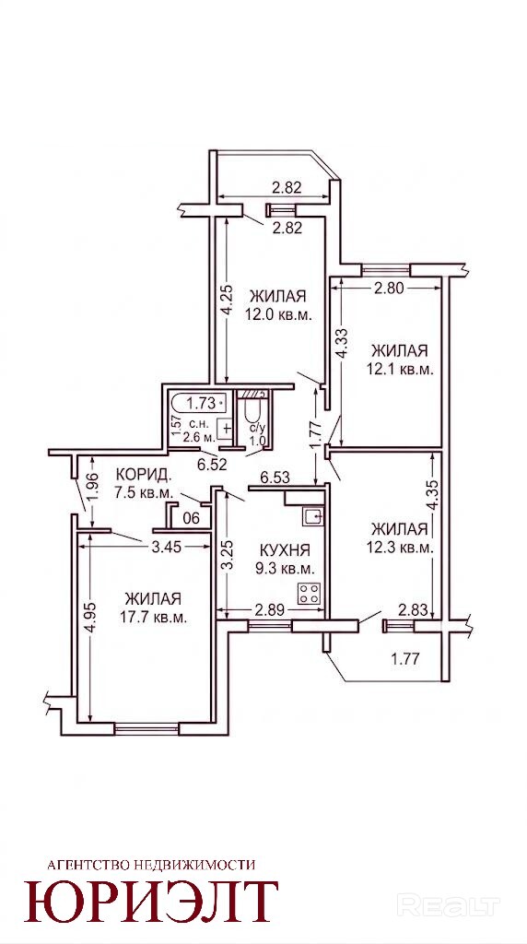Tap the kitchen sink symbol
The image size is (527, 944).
313,516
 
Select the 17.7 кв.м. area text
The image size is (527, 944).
153,618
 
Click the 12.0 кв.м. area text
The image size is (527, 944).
277,314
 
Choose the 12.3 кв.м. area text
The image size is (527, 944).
400,548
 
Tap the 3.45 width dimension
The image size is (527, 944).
164,547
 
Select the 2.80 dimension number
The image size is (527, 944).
389,289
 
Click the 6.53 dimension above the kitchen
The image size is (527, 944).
275,478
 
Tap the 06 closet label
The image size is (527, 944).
191,517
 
